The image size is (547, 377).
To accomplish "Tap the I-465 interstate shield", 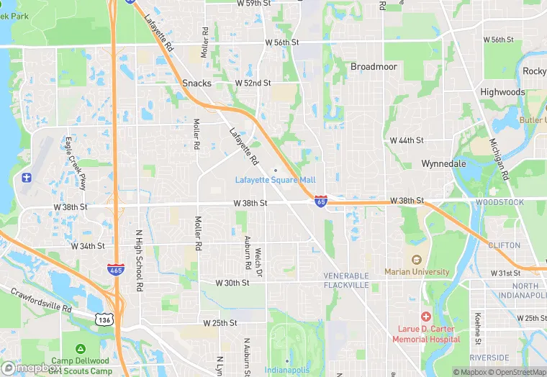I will click(x=114, y=269).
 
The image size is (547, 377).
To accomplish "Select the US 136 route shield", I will click(x=104, y=317).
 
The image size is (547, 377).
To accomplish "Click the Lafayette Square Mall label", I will click(x=275, y=179).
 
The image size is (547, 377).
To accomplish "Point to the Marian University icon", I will click(x=416, y=260).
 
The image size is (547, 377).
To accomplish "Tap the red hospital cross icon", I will click(x=426, y=317).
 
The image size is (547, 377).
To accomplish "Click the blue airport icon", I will click(x=27, y=177).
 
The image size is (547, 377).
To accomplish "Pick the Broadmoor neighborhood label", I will click(x=374, y=66).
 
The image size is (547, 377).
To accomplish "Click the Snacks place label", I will click(x=196, y=83).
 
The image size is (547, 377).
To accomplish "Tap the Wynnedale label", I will click(x=443, y=163).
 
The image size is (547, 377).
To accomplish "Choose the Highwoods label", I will click(x=502, y=92).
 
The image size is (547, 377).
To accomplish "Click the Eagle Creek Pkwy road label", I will click(x=76, y=163).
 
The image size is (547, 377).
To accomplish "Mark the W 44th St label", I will click(x=407, y=140).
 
